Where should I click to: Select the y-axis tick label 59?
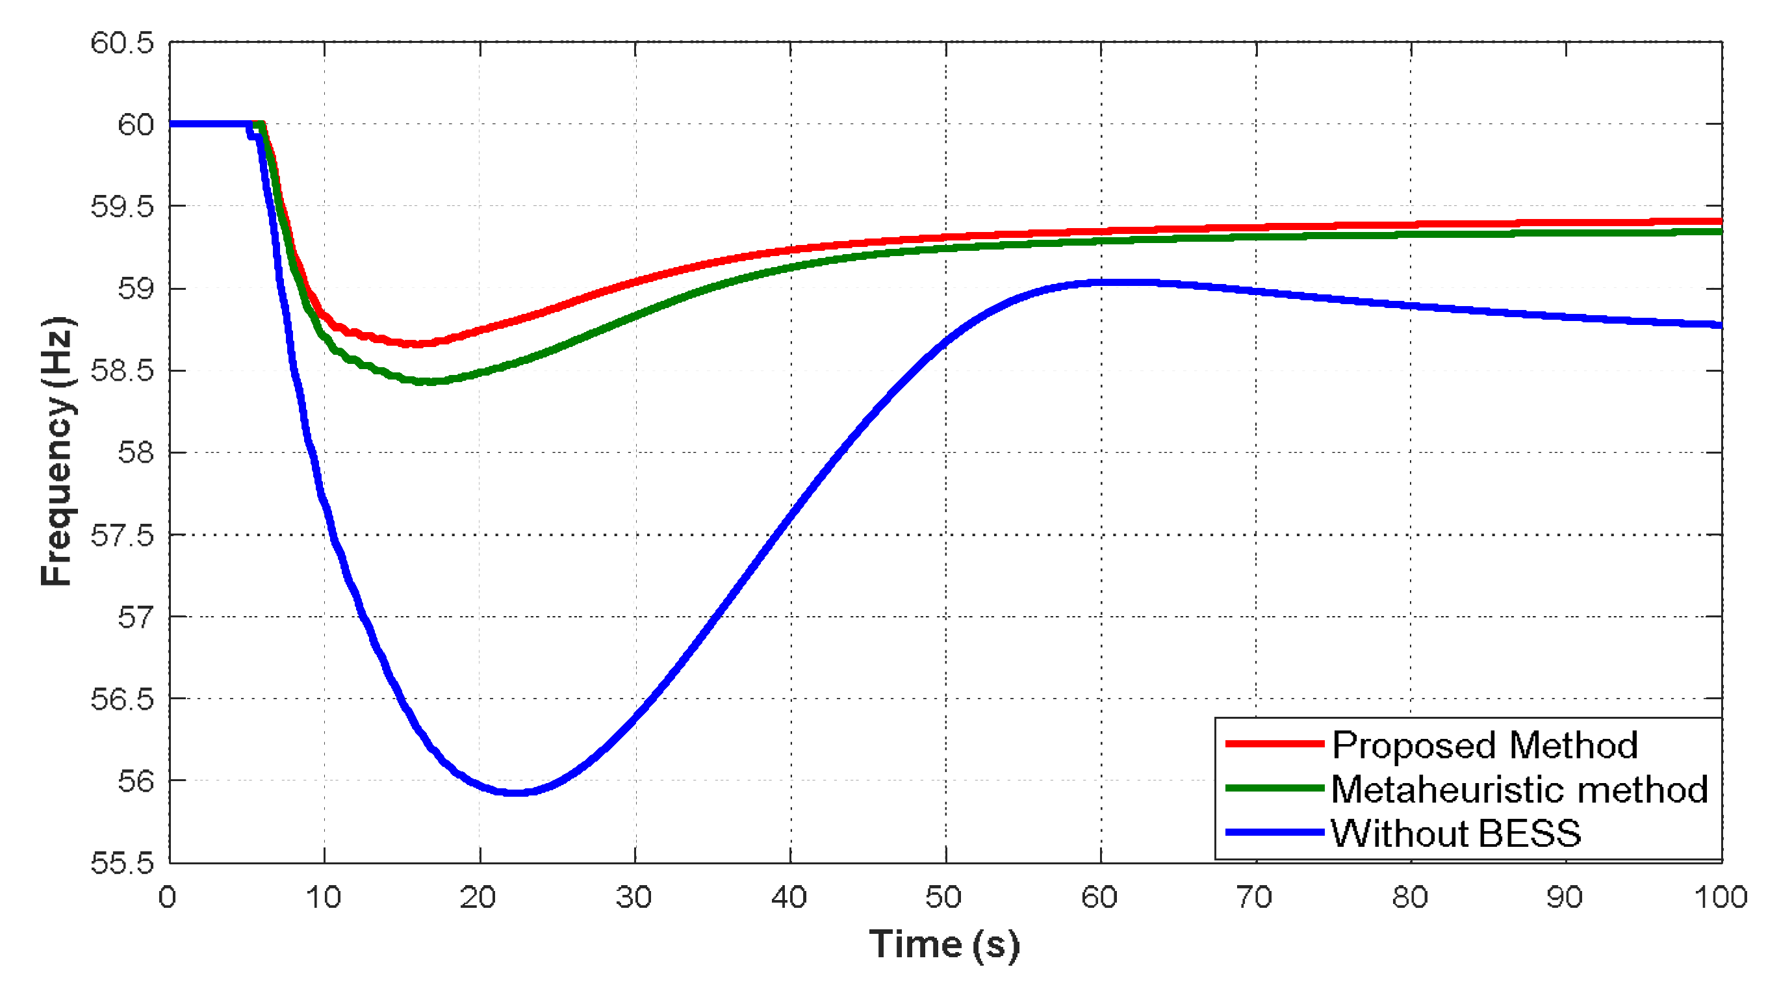pyautogui.click(x=136, y=289)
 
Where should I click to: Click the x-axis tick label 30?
pyautogui.click(x=634, y=897)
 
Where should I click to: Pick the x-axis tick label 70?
pyautogui.click(x=1255, y=897)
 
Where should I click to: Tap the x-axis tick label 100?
pyautogui.click(x=1720, y=897)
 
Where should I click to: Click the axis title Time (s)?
pyautogui.click(x=945, y=945)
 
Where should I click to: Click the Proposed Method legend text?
pyautogui.click(x=1484, y=745)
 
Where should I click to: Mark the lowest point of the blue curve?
pyautogui.click(x=515, y=792)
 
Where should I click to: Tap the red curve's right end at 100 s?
pyautogui.click(x=1719, y=221)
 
